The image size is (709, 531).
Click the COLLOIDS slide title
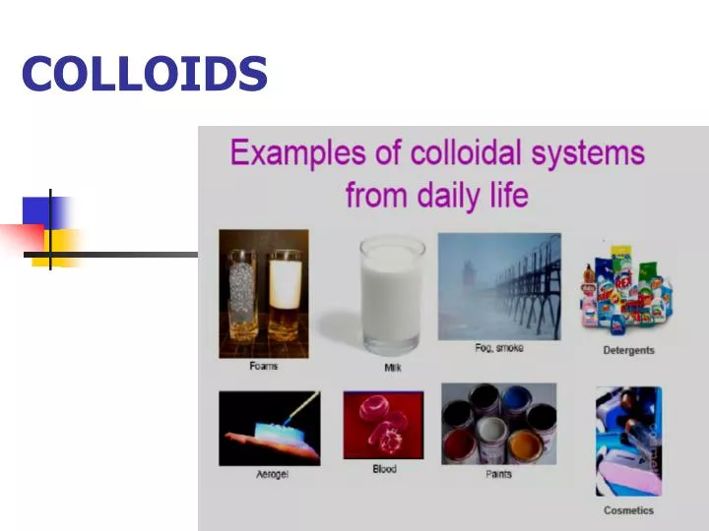(145, 74)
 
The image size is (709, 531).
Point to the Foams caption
(263, 367)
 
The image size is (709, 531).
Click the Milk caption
(393, 368)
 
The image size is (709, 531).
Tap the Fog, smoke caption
(499, 348)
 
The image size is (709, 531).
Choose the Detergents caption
(628, 350)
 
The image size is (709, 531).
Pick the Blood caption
(384, 469)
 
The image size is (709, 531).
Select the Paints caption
(499, 475)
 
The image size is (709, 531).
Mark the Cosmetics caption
(628, 510)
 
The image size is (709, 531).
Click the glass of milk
(392, 294)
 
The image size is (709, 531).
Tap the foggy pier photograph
(499, 285)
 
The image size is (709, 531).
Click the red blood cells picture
(383, 425)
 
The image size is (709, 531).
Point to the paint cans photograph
(498, 424)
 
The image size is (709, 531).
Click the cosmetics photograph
(628, 441)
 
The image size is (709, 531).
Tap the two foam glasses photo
(263, 294)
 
